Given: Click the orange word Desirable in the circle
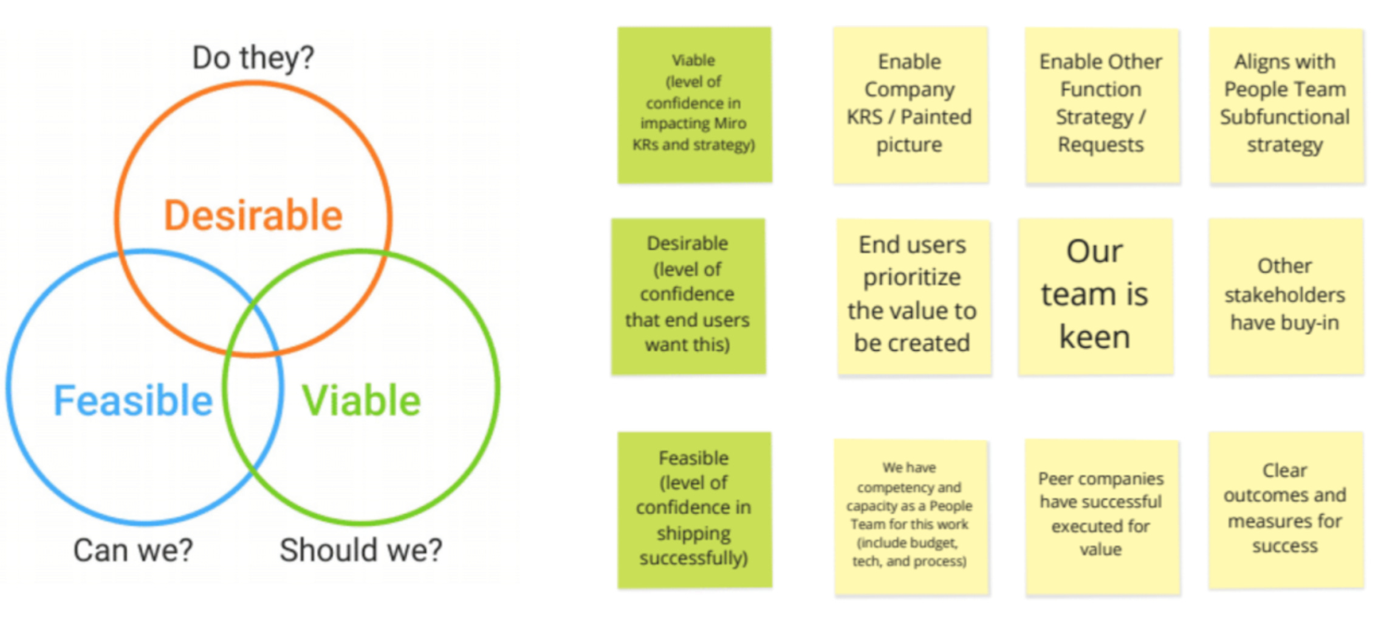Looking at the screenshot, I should click(253, 216).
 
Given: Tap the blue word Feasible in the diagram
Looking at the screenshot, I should click(133, 401).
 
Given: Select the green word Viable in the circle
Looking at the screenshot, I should click(362, 401).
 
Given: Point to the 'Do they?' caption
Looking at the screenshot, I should click(253, 58).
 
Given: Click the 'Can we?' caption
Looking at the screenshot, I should click(133, 550).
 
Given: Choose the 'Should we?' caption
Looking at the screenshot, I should click(361, 550).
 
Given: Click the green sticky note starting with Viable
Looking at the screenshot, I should click(694, 104).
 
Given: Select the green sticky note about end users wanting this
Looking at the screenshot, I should click(688, 296).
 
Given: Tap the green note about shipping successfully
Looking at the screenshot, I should click(694, 510).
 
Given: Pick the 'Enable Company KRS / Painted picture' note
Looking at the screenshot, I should click(910, 104).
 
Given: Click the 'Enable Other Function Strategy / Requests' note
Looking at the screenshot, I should click(1102, 104).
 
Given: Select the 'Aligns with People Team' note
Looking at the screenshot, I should click(1286, 104).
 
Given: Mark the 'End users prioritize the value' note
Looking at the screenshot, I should click(913, 296).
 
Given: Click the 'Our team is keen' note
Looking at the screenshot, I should click(1095, 296).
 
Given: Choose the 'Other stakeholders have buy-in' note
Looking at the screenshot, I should click(1286, 296).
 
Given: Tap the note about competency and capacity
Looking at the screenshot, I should click(910, 516).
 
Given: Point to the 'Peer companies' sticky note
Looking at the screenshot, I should click(1102, 516).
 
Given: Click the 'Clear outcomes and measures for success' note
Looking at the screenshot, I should click(1286, 510).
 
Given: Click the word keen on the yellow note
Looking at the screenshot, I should click(1095, 338).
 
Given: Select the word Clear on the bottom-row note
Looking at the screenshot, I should click(1285, 471).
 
